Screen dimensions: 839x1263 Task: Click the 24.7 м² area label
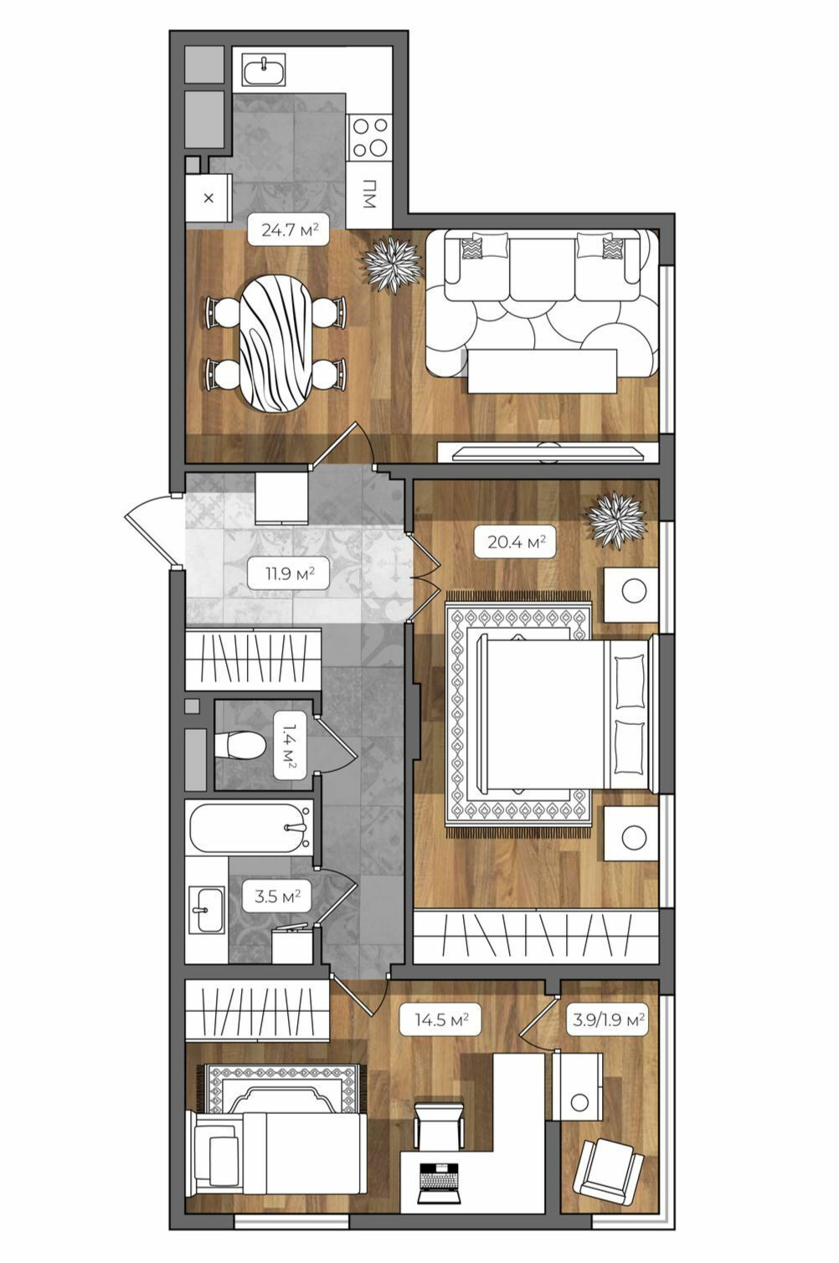coord(288,230)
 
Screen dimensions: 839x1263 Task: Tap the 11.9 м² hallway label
coord(288,574)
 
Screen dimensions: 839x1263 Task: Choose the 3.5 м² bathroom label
coord(277,896)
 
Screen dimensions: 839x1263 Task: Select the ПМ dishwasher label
coord(369,193)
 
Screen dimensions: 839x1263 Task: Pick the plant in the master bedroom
coord(615,519)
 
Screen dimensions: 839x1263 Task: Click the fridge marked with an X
coord(208,198)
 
